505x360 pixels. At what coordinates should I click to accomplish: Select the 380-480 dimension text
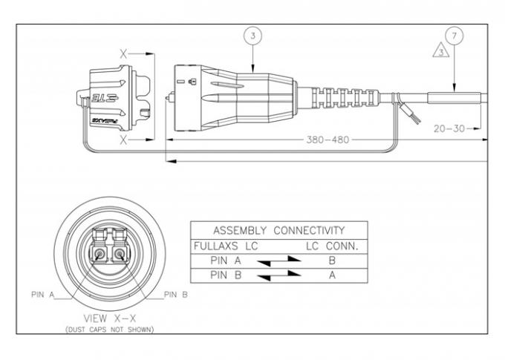coord(327,139)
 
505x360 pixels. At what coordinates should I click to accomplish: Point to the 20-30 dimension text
coord(449,128)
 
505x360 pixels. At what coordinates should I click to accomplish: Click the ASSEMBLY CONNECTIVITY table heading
coord(278,230)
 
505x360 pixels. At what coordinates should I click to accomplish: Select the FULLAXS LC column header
coord(225,245)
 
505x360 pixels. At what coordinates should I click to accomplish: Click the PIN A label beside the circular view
coord(42,295)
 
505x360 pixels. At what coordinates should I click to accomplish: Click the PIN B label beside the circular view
coord(175,295)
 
